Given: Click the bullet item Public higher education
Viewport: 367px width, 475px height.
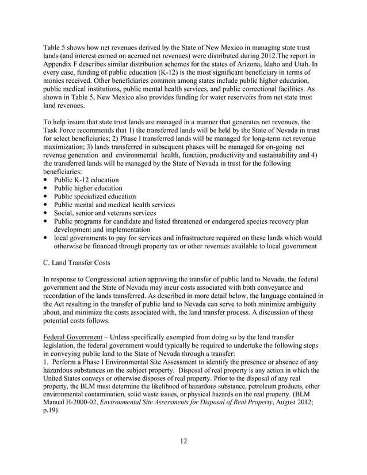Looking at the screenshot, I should pos(87,188).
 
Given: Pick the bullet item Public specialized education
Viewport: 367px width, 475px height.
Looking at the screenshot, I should pos(94,196).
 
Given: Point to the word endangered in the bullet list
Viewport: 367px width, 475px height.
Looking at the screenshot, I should pos(261,221).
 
